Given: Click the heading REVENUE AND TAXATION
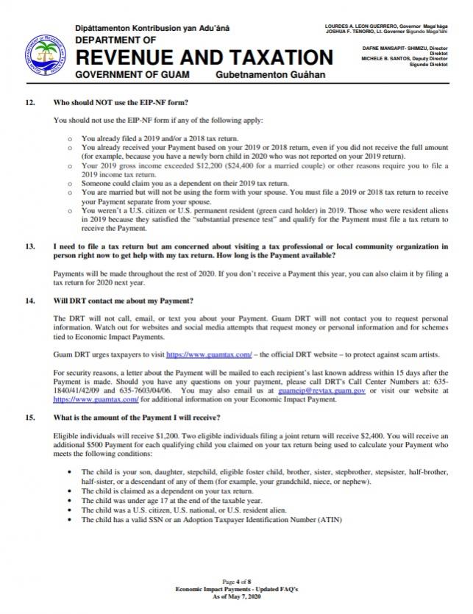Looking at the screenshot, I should click(204, 58).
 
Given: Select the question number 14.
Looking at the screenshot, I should click(30, 301).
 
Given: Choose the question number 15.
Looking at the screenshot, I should click(30, 418).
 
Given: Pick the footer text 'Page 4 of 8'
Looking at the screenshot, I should click(236, 582).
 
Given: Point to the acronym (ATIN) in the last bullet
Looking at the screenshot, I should click(322, 520).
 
